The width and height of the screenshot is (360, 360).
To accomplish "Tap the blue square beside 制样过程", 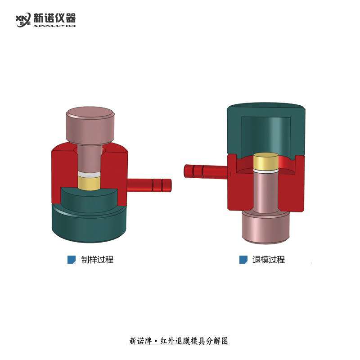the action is click(x=71, y=260).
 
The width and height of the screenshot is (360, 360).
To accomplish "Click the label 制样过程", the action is click(x=97, y=260).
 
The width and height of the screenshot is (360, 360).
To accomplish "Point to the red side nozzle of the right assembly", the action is click(x=205, y=171).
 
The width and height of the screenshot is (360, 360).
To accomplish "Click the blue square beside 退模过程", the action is click(x=243, y=260).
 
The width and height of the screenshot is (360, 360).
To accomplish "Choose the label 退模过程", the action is click(x=269, y=260).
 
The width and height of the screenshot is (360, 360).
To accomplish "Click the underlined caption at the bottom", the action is click(x=179, y=341).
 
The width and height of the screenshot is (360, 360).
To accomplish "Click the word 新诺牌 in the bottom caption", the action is click(x=139, y=341).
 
